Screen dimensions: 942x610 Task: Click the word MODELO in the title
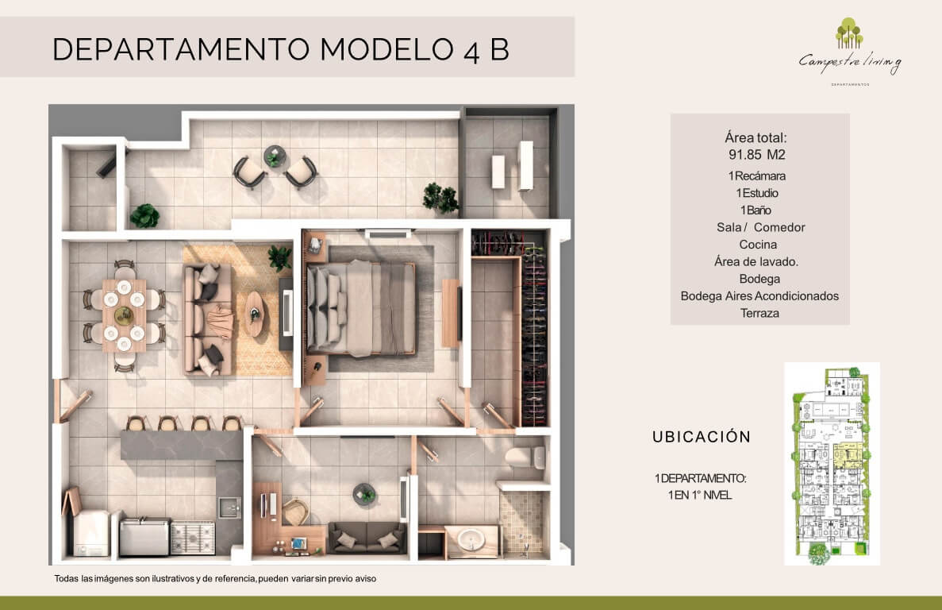(x=386, y=49)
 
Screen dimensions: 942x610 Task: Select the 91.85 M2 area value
(x=756, y=154)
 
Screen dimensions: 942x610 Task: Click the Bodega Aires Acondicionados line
(x=759, y=295)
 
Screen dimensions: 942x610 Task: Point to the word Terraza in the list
(x=759, y=313)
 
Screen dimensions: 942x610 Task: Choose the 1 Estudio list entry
(x=757, y=193)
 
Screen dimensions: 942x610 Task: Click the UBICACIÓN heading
(x=702, y=436)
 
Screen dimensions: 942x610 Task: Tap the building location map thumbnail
(x=832, y=463)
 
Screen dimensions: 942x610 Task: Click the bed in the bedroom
(x=361, y=309)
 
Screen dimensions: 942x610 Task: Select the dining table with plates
(x=124, y=315)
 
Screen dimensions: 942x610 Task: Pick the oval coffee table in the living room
(x=254, y=314)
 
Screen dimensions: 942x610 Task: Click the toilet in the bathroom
(x=525, y=457)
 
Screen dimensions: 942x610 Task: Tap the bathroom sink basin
(x=471, y=539)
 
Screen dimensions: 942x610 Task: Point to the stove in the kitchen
(x=193, y=537)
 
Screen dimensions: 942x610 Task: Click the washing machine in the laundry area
(x=90, y=533)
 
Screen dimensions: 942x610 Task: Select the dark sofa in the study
(x=367, y=537)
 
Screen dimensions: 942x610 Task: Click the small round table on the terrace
(x=275, y=156)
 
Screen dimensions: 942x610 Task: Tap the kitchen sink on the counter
(x=229, y=508)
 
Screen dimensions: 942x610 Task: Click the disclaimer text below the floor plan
(x=215, y=579)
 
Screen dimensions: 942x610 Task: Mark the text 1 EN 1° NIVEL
(x=700, y=495)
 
